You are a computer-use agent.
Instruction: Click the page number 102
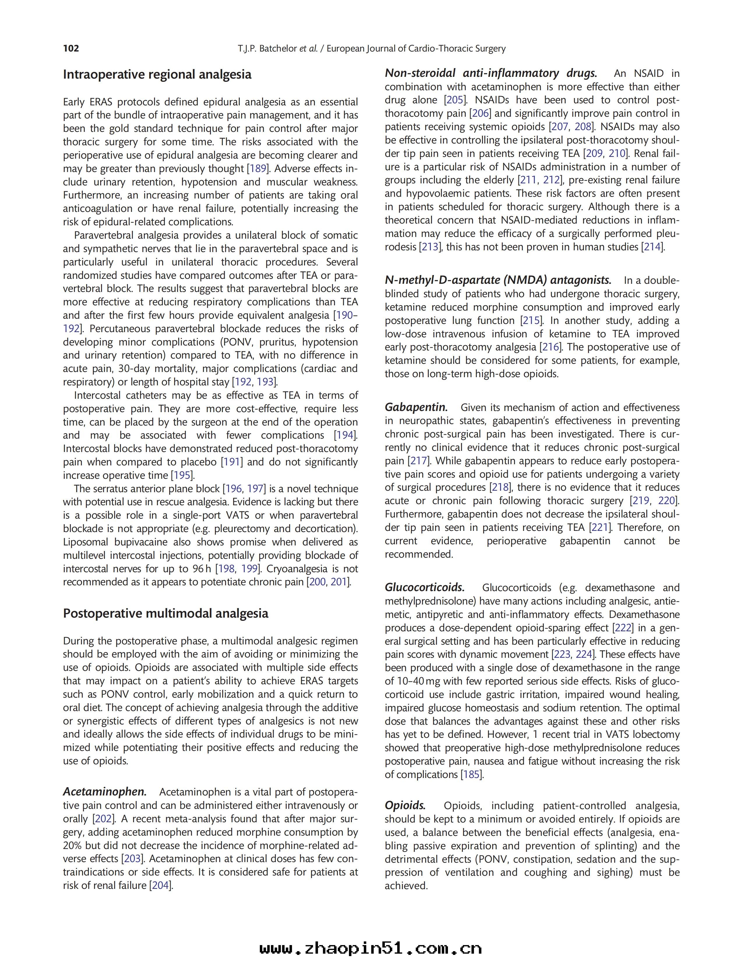tap(71, 48)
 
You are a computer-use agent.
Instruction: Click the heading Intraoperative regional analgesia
tap(157, 75)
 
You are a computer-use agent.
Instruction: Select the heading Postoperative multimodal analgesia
tap(166, 614)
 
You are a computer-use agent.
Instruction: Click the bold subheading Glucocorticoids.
tap(424, 588)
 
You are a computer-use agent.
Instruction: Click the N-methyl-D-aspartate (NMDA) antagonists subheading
tap(498, 280)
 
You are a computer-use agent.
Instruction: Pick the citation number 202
tap(103, 819)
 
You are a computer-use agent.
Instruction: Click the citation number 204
tap(160, 885)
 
